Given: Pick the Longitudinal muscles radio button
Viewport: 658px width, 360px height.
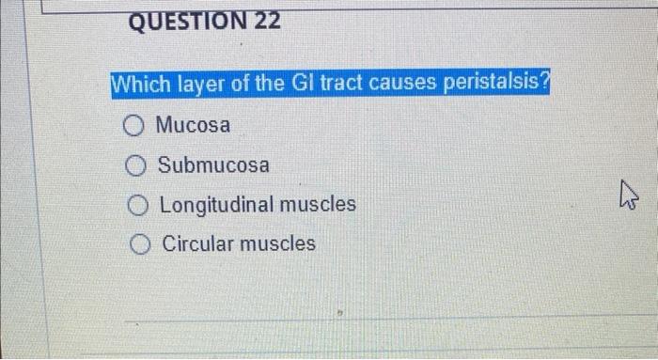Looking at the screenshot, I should [139, 205].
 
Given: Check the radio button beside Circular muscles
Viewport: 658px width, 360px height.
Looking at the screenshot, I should [142, 244].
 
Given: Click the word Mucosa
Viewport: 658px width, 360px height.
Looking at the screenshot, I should [193, 124].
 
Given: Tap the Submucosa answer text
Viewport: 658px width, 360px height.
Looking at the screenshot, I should [213, 165].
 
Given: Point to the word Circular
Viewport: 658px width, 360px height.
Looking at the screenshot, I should [195, 244].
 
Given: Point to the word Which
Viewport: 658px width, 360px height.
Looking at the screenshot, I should [137, 84].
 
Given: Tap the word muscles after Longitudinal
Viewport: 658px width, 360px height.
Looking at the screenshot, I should [318, 205].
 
